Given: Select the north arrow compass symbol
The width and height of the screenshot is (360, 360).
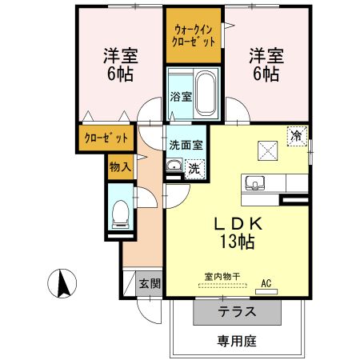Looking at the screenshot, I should point(62,283).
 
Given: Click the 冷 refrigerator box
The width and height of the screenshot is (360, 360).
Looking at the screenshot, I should point(297,136).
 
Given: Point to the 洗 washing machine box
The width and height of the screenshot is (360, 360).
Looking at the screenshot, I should point(194,168).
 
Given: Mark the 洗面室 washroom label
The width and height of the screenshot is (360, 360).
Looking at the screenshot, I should point(186,146).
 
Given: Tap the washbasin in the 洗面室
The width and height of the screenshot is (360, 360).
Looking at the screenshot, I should point(174,166).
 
